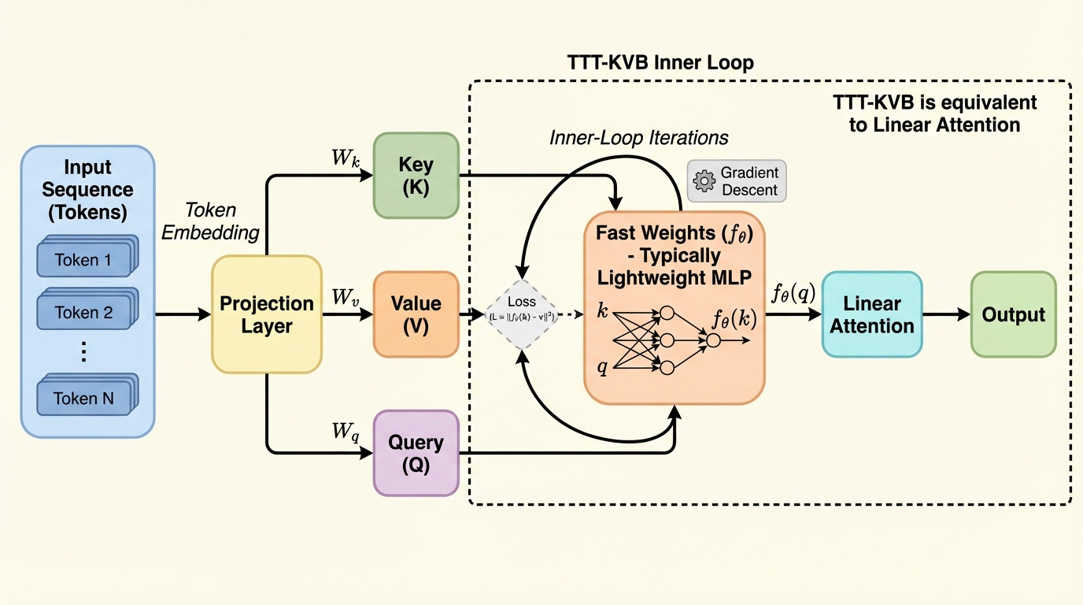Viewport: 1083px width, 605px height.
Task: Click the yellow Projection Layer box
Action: point(266,314)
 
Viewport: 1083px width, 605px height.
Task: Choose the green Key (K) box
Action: point(416,175)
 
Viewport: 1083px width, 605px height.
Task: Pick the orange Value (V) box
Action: point(416,314)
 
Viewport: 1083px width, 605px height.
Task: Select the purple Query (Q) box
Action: point(416,453)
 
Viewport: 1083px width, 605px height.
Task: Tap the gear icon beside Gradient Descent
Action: point(703,181)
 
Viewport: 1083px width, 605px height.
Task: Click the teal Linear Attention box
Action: point(871,314)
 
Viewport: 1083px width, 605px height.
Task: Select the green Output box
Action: point(1013,314)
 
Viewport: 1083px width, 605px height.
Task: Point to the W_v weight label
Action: point(344,298)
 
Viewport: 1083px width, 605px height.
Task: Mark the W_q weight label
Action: point(344,432)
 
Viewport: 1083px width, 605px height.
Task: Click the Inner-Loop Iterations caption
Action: point(638,138)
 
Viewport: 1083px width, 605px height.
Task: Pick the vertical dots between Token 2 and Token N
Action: point(83,352)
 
